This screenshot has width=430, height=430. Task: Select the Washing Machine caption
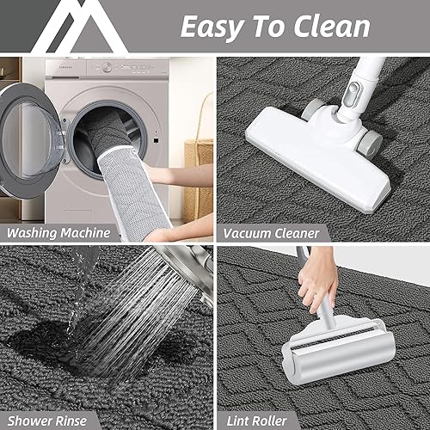58,232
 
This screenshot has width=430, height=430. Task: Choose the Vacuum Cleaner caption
272,232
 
